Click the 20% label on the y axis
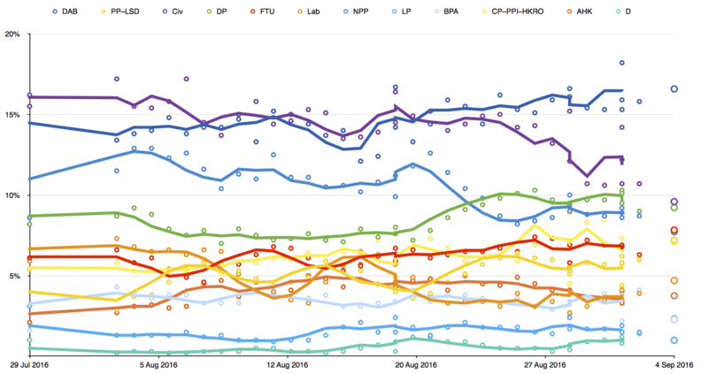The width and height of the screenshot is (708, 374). tap(13, 34)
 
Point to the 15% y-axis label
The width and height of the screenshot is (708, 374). tap(13, 115)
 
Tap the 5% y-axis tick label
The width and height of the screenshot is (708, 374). tap(16, 276)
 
